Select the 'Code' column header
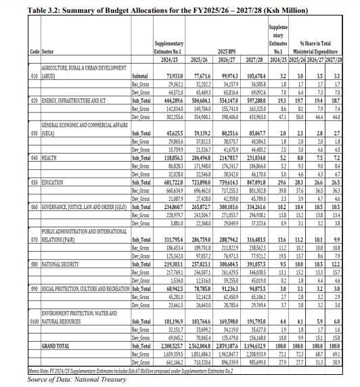coord(35,51)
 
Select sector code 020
coord(35,99)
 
